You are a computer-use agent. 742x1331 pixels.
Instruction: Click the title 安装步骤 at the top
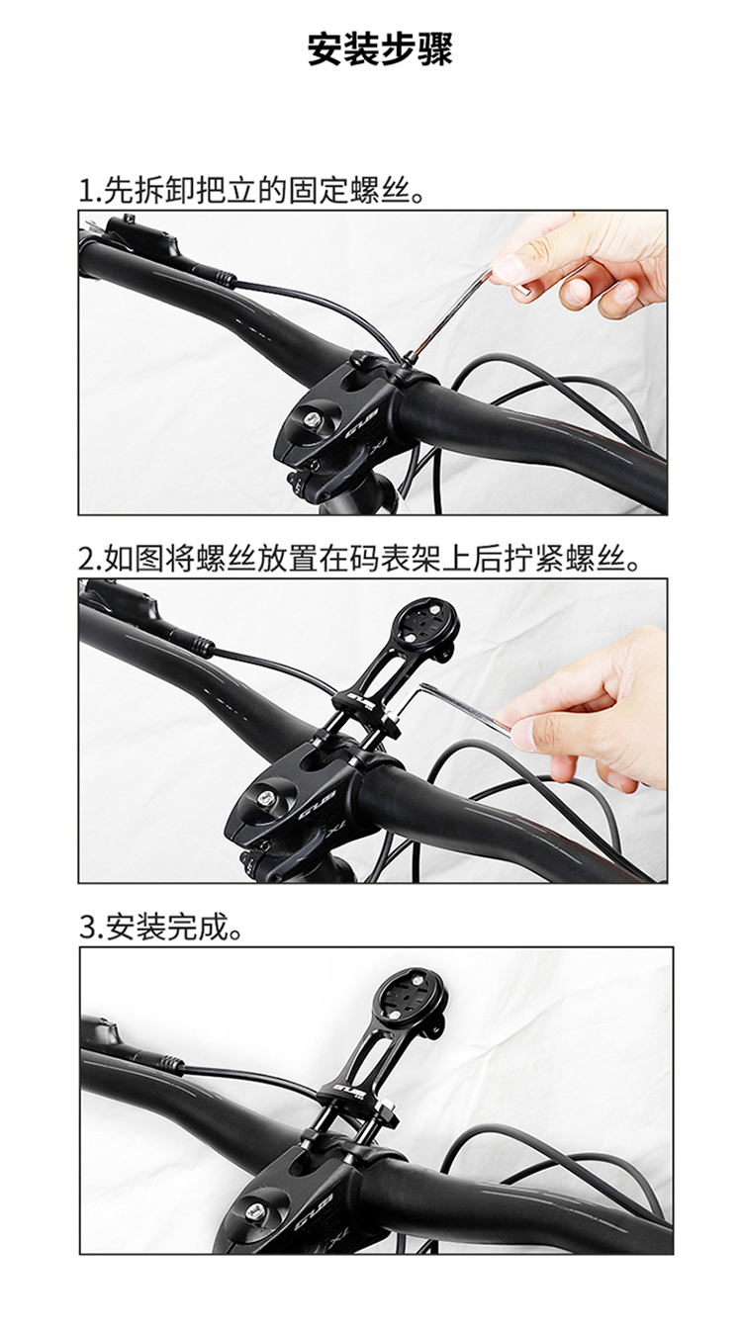[x=381, y=49]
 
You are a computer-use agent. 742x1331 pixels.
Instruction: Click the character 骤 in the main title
[x=435, y=49]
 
